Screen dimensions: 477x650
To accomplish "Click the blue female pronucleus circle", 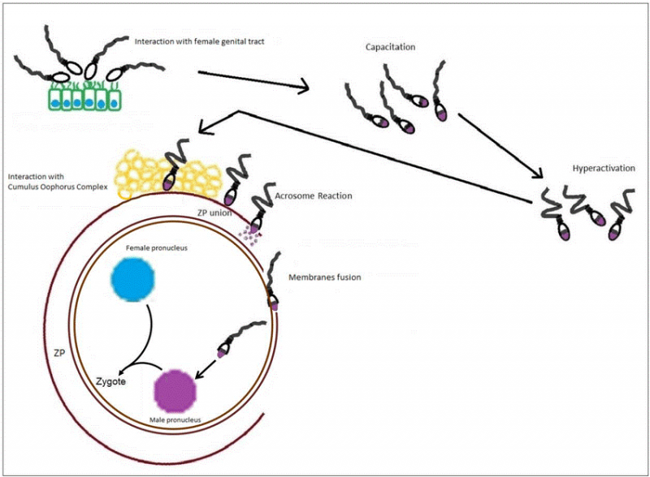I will click(x=133, y=280).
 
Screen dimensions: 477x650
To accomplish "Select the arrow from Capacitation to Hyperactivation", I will click(x=500, y=144).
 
